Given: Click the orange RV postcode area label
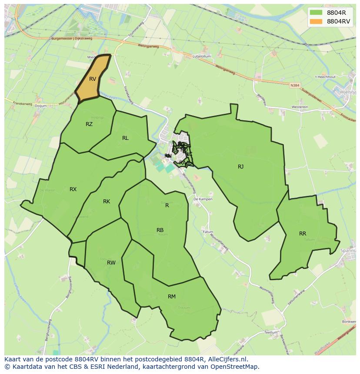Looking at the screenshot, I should [92, 79].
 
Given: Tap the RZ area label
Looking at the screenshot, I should [89, 124].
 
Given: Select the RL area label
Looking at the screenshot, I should [125, 138].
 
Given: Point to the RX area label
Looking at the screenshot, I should [73, 189].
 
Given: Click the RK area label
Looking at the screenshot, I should [107, 202].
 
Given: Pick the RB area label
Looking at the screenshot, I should [160, 230].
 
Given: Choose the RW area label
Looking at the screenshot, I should [111, 263].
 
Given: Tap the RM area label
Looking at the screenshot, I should [172, 297].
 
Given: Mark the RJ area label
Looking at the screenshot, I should [240, 167].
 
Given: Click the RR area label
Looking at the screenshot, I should [303, 234].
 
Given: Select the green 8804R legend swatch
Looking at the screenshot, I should [316, 13].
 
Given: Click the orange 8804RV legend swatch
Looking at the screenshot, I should [316, 21].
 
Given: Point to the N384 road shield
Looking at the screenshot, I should [295, 86].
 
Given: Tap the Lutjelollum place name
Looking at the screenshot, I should [202, 56].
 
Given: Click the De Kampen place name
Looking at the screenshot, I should [203, 199].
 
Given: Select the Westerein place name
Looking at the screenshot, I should [300, 107].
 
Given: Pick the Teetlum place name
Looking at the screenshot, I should [270, 332].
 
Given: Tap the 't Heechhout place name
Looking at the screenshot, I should [324, 77].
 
